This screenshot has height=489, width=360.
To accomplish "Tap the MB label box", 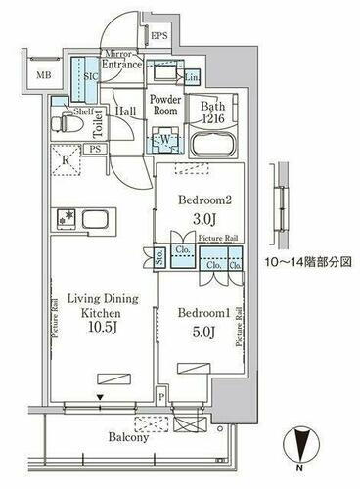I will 44,75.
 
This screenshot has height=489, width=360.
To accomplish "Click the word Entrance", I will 122,66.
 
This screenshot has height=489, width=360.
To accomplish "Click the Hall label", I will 125,111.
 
